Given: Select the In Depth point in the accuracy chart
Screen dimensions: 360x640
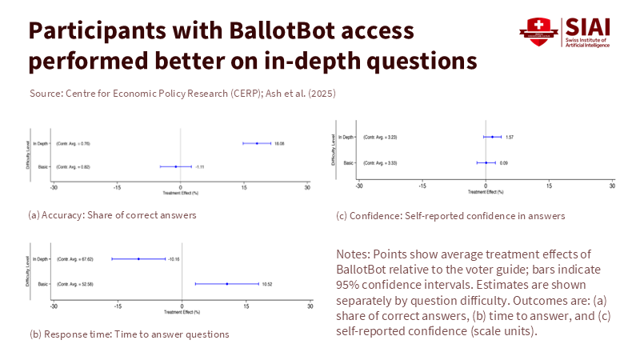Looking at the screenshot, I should [x=257, y=143].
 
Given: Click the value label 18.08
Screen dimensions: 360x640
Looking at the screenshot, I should [x=280, y=143].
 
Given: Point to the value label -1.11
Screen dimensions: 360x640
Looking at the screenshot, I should [x=201, y=166].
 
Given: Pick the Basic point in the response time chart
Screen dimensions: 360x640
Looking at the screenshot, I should [x=227, y=284].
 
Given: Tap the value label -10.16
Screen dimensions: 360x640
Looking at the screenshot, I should [x=175, y=259].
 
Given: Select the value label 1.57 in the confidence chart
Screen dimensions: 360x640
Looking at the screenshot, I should [x=510, y=138].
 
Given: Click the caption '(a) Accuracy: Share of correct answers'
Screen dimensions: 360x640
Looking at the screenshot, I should [x=112, y=215].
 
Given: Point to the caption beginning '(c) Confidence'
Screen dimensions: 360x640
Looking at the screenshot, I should [x=451, y=215].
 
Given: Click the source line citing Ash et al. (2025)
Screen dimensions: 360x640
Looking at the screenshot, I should [x=182, y=94].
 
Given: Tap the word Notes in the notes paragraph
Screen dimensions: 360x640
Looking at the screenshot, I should [x=355, y=254].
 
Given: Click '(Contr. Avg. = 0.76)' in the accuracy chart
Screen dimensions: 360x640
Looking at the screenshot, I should [x=75, y=143].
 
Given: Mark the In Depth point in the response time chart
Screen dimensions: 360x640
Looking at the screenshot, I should [x=138, y=259].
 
